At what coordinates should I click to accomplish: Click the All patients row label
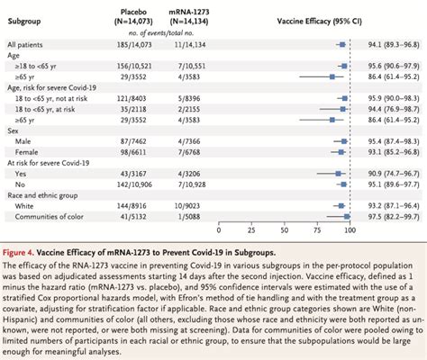[26, 42]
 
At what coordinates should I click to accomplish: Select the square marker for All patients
[342, 42]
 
